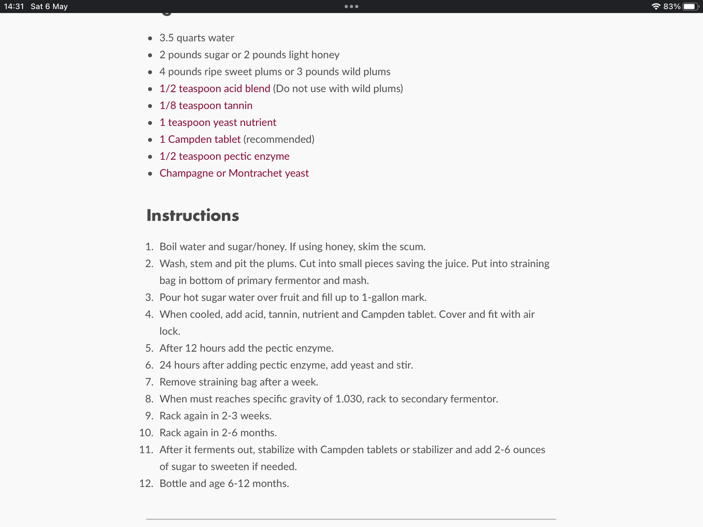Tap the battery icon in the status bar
(x=690, y=6)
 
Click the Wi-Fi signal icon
(x=656, y=6)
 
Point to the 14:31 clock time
(x=14, y=6)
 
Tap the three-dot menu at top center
(x=351, y=6)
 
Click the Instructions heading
(x=192, y=216)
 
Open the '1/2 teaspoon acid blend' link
(x=214, y=89)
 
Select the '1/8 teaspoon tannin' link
(x=206, y=105)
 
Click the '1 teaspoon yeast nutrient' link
(x=218, y=122)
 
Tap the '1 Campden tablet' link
(x=200, y=139)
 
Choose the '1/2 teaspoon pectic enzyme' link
(x=224, y=156)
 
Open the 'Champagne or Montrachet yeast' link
(x=234, y=173)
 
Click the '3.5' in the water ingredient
(x=167, y=38)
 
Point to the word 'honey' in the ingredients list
(x=325, y=55)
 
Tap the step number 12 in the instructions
(x=146, y=483)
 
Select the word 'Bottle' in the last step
(x=173, y=483)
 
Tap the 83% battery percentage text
(x=671, y=6)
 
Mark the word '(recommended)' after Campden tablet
(x=279, y=139)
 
